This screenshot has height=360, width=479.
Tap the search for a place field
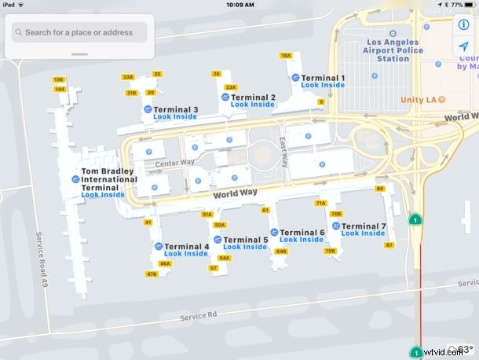[79, 32]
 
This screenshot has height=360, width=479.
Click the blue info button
[463, 24]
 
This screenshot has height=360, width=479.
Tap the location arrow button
[463, 48]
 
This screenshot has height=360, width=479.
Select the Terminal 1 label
[324, 78]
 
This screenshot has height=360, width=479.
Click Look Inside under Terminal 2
[252, 105]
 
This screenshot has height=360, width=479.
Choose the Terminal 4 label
[186, 246]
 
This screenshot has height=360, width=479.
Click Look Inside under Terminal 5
[245, 247]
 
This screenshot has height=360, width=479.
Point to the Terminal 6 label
[302, 233]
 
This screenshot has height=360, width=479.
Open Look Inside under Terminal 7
[363, 233]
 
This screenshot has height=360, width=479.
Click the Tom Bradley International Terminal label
[108, 178]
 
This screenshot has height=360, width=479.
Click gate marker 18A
[286, 55]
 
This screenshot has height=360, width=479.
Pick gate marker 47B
[152, 274]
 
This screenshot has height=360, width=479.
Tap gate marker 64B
[282, 252]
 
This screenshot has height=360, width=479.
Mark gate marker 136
[58, 79]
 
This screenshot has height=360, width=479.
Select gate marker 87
[389, 245]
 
